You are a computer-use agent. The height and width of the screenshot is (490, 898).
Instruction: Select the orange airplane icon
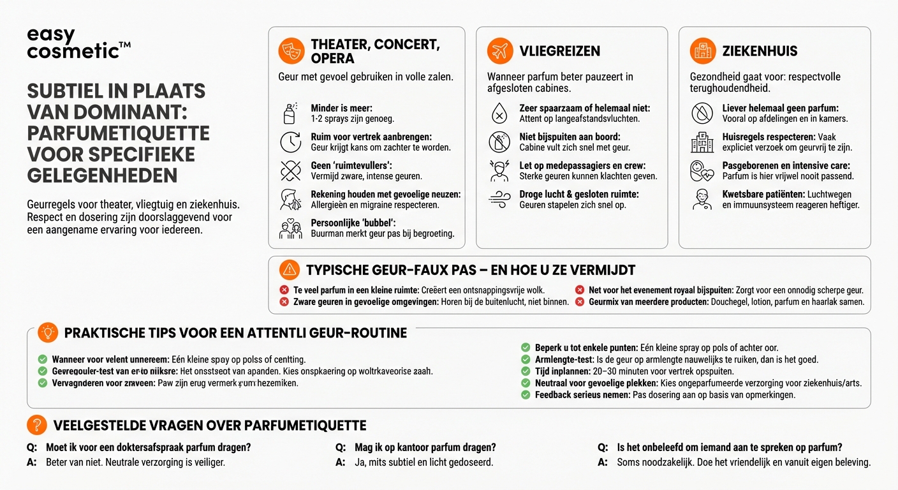[x=500, y=50]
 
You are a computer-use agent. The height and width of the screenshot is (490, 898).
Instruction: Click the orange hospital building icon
[x=703, y=50]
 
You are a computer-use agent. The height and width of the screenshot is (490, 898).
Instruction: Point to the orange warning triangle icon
[x=290, y=269]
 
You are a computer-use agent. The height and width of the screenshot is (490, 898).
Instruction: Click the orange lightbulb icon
[x=48, y=332]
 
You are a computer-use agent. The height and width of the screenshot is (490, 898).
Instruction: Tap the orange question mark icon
[x=37, y=425]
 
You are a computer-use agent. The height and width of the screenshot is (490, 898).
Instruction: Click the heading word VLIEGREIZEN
[x=560, y=51]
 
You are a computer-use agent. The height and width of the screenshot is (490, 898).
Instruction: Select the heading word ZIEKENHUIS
[x=760, y=51]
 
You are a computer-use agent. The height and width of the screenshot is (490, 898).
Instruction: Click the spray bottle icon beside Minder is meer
[x=290, y=114]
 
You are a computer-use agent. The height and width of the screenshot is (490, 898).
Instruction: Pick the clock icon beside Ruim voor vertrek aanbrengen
[x=291, y=142]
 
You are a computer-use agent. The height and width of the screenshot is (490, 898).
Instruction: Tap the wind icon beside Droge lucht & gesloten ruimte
[x=499, y=200]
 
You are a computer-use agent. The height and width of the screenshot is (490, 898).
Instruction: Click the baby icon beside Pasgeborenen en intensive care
[x=702, y=170]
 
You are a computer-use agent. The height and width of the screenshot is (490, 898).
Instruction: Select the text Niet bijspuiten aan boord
[x=570, y=137]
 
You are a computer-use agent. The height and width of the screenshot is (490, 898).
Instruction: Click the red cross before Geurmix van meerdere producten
[x=579, y=302]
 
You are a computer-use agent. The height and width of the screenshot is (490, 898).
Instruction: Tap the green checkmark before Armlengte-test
[x=526, y=359]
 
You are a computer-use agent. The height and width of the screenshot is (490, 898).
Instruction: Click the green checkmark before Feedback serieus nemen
[x=526, y=395]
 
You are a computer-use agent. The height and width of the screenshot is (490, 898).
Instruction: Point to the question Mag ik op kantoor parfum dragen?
[x=425, y=447]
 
